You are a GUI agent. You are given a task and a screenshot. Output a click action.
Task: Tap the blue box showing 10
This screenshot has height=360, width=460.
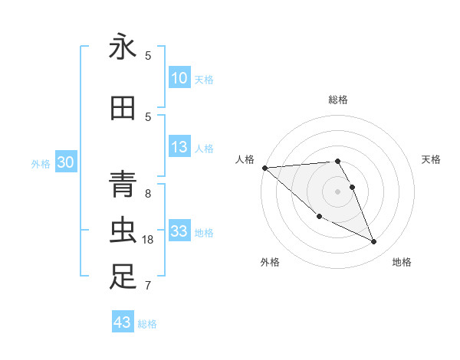(x=179, y=78)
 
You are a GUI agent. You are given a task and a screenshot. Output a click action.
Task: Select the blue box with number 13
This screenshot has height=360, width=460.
(x=179, y=148)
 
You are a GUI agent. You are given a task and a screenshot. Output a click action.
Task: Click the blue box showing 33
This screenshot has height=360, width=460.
(x=179, y=231)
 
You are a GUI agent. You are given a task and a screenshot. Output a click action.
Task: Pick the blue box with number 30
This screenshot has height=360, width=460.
(x=65, y=162)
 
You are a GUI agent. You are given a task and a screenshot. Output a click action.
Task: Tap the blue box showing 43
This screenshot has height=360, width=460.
(x=123, y=322)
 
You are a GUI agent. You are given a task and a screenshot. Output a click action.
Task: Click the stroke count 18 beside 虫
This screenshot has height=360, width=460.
(x=149, y=240)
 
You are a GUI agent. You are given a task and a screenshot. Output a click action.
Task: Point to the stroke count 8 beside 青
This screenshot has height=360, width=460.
(x=148, y=194)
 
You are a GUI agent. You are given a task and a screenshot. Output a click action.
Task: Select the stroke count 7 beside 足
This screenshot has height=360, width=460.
(x=148, y=286)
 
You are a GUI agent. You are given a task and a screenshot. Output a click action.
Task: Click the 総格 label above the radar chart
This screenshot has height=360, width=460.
(x=338, y=100)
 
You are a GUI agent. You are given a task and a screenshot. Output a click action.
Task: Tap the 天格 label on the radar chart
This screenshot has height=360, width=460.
(x=432, y=159)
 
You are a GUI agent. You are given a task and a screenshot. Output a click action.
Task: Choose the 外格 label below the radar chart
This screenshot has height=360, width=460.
(x=270, y=262)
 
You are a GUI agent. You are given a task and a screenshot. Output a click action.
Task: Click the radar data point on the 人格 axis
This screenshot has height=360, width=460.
(x=264, y=168)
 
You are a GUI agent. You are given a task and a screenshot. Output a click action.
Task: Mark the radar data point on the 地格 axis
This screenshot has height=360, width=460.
(x=374, y=242)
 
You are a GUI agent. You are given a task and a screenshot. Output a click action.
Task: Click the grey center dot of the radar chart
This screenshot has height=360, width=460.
(x=338, y=191)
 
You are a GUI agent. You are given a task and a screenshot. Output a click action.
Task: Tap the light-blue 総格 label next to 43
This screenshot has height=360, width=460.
(x=147, y=324)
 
